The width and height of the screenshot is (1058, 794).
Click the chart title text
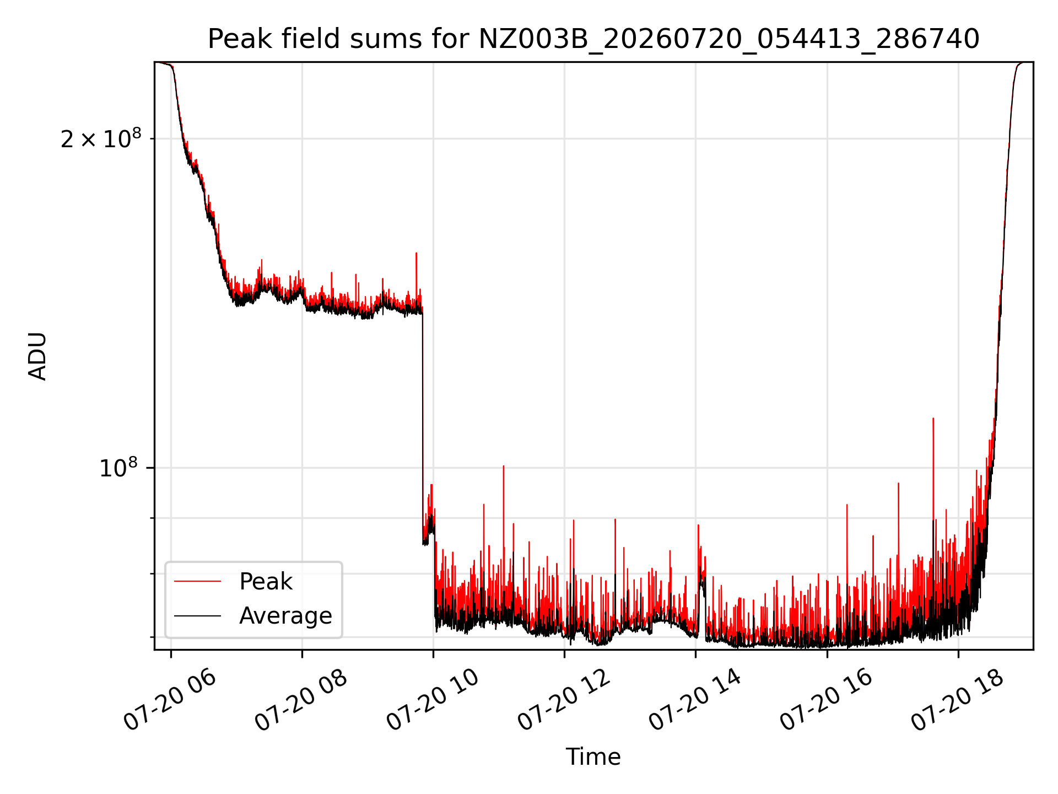pos(593,39)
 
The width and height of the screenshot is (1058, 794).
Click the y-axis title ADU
pos(37,356)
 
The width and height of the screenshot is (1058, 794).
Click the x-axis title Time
pos(593,757)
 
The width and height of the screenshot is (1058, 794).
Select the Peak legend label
pos(266,582)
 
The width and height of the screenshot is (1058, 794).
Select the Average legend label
pos(285,616)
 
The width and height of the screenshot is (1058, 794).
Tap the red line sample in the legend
pos(197,581)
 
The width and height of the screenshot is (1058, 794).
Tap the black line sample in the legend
pos(197,615)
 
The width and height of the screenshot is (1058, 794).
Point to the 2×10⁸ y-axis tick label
pos(101,138)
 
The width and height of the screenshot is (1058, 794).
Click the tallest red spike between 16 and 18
pos(933,419)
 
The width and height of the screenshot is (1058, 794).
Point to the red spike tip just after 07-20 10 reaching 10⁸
pos(503,466)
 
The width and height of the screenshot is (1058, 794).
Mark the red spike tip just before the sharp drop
pos(416,253)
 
